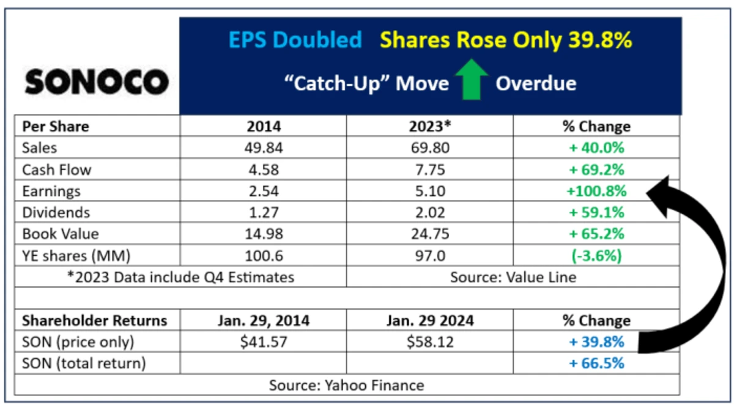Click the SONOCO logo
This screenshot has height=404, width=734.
click(x=97, y=82)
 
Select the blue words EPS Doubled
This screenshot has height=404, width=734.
click(x=295, y=40)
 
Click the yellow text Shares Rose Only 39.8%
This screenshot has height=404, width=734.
click(x=505, y=40)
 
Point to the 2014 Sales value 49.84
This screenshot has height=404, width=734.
click(x=262, y=148)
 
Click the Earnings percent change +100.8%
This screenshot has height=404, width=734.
click(x=596, y=191)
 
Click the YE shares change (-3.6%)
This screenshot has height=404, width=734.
click(x=596, y=255)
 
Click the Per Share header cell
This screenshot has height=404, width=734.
click(x=56, y=127)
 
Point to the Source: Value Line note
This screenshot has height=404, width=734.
click(x=513, y=277)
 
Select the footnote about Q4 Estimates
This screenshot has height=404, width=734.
click(x=180, y=277)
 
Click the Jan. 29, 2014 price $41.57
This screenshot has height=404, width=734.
click(x=262, y=342)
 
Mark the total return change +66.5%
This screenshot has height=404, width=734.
click(x=596, y=363)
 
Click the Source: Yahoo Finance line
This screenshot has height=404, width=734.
click(x=346, y=385)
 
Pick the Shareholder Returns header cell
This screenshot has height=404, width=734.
click(x=94, y=320)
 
